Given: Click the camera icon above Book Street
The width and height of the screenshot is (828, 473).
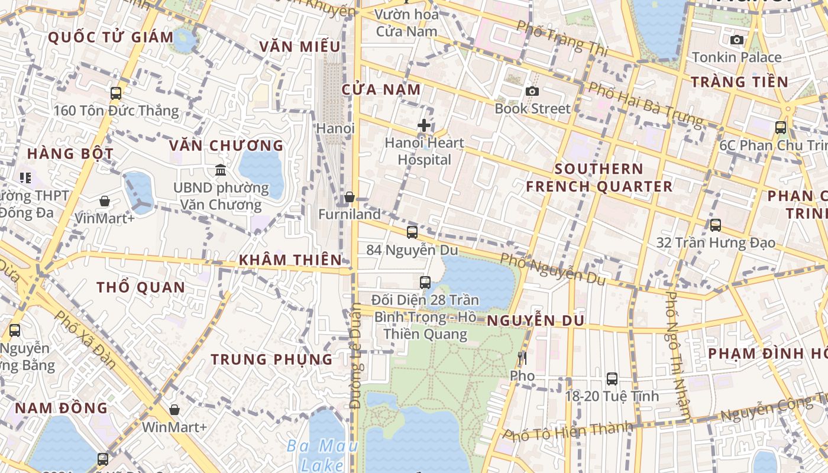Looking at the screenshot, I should point(532,91).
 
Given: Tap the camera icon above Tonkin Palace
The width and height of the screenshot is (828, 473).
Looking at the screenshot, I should point(737,40).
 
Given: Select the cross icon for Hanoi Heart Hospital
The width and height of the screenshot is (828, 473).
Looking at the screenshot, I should point(424,125).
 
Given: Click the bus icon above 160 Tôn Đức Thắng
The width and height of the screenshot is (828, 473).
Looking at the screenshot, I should point(116,93).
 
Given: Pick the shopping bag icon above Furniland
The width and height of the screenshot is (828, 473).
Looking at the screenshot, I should point(350,197).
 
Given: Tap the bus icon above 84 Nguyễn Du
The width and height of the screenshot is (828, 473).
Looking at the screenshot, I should point(412,232).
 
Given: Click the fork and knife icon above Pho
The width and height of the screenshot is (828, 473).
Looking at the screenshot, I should point(522,358).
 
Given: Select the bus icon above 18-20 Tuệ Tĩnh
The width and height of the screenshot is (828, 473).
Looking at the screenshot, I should point(612,378).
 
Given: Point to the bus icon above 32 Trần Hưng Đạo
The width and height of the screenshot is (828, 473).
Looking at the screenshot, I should point(716,225).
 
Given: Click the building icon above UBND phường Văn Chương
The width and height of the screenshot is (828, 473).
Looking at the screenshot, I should point(221,170).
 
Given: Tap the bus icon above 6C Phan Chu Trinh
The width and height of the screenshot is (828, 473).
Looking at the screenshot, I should point(781,127).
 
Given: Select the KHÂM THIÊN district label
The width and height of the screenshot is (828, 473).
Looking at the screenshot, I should point(290,260).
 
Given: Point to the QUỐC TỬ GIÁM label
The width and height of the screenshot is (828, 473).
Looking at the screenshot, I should point(111,37).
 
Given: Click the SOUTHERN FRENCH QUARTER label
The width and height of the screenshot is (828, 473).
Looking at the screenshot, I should point(599,178).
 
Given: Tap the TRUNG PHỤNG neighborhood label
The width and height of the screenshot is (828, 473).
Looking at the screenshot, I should point(272,359).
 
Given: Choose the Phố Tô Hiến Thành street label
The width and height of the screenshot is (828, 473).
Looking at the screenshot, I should point(568,431).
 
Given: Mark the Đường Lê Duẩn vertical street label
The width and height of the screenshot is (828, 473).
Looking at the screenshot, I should point(355,356).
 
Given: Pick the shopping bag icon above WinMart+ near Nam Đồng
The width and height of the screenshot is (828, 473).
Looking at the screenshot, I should point(174,410).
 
